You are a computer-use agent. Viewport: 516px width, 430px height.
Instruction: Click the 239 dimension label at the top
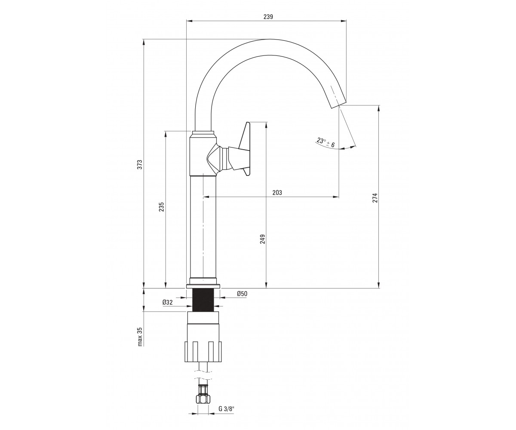pyautogui.click(x=268, y=17)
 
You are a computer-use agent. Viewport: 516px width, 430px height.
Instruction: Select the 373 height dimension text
pyautogui.click(x=140, y=165)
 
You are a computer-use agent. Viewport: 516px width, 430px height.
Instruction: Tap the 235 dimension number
pyautogui.click(x=161, y=207)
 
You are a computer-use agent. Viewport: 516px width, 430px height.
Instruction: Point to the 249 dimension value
pyautogui.click(x=262, y=239)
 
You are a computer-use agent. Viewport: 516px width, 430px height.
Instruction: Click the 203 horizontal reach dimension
pyautogui.click(x=277, y=193)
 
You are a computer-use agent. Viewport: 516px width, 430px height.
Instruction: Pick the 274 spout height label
pyautogui.click(x=375, y=198)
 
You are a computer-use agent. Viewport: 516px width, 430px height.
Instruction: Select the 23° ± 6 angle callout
pyautogui.click(x=326, y=143)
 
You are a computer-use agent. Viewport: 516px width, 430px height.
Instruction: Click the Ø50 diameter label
pyautogui.click(x=242, y=294)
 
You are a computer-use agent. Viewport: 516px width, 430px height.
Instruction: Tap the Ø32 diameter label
pyautogui.click(x=168, y=302)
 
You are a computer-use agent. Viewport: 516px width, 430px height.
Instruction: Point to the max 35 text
pyautogui.click(x=140, y=337)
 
